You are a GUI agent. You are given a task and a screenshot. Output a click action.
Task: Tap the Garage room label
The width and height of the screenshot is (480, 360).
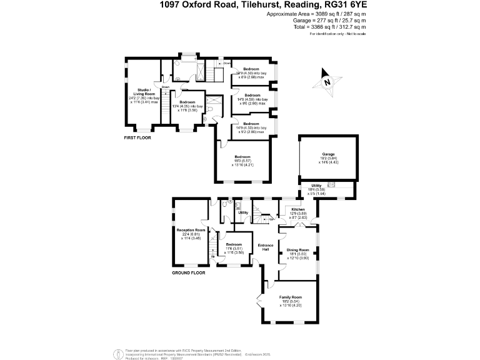[328, 154]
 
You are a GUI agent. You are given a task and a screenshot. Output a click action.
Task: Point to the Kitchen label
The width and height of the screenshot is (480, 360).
[298, 210]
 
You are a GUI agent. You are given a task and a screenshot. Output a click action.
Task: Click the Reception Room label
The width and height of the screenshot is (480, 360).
[191, 231]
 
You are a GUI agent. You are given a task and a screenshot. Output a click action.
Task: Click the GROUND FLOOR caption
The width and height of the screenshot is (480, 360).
[188, 273]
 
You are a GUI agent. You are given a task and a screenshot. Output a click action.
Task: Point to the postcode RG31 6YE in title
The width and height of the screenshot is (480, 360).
[344, 5]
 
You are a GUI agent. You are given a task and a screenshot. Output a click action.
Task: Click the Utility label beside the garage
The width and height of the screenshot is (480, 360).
[317, 186]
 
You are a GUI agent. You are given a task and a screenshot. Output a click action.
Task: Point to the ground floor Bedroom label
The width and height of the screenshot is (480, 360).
[234, 244]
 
